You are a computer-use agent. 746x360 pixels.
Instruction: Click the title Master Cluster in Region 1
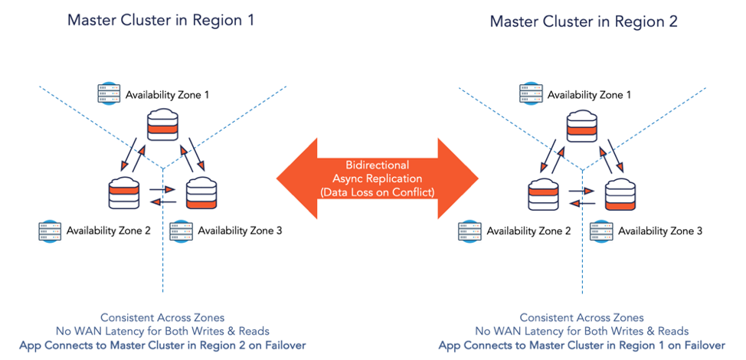(x=160, y=20)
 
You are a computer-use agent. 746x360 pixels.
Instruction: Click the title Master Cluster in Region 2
(x=584, y=21)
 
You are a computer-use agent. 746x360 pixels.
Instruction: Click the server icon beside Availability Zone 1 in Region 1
(x=110, y=94)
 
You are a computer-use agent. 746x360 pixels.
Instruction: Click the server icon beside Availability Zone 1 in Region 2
(x=530, y=94)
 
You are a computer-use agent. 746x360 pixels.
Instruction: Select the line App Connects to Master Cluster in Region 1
(x=582, y=345)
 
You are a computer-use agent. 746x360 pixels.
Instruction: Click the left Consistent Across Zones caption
(x=162, y=317)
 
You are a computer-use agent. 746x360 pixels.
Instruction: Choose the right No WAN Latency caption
(x=582, y=331)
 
